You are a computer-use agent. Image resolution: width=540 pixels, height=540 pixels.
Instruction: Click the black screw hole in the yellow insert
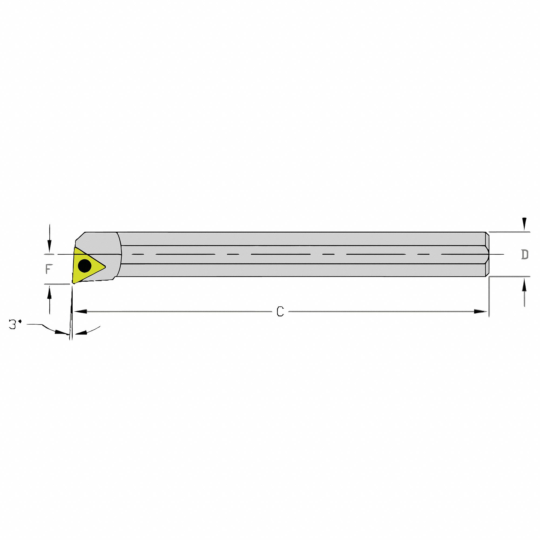point(85,265)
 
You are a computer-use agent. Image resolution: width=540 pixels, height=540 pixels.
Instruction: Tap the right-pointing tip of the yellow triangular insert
point(105,267)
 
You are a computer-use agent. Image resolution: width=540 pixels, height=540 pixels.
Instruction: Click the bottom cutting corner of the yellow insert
point(73,283)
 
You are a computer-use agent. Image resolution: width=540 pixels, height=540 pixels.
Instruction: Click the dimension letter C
point(280,311)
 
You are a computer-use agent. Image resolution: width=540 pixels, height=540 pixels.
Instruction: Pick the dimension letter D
point(525,254)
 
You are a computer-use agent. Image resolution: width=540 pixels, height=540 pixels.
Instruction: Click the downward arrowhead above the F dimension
point(49,247)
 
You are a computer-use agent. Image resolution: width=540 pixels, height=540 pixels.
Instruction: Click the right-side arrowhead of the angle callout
point(81,332)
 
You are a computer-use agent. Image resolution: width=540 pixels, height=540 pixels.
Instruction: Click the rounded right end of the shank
point(487,254)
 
